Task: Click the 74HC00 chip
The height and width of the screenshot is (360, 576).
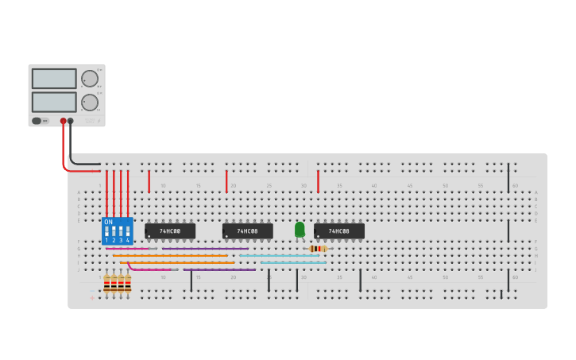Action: [170, 231]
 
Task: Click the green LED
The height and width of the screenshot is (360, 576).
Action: [300, 230]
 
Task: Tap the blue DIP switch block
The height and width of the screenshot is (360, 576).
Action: [117, 230]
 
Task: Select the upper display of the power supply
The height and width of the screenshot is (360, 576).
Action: [54, 79]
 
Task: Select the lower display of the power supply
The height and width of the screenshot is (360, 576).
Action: [54, 102]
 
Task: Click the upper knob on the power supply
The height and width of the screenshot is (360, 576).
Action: [90, 79]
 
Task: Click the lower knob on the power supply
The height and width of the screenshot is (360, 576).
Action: [90, 102]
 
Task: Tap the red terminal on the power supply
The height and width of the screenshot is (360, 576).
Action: [64, 122]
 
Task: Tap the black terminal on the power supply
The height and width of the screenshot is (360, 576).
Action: [71, 122]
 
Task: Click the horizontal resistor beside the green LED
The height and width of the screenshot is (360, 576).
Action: [318, 249]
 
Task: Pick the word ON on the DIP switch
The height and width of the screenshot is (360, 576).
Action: [108, 222]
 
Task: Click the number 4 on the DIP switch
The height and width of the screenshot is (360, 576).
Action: [128, 240]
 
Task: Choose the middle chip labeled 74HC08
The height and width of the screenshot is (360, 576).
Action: [248, 231]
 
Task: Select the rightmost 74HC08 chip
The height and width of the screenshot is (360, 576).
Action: [339, 231]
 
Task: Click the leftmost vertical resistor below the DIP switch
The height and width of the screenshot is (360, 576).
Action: [106, 283]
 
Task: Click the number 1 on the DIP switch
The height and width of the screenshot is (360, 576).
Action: [106, 240]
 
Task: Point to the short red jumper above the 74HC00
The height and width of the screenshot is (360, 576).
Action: [149, 181]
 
